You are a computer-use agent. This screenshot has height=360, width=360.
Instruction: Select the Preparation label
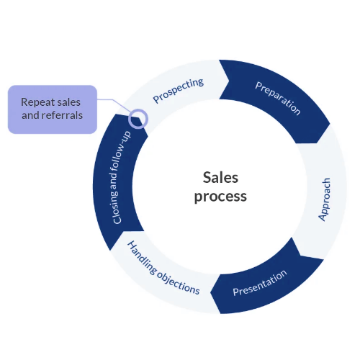point(277,98)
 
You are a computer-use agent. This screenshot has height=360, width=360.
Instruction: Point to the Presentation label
point(260,283)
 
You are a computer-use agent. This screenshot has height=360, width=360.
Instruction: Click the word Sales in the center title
point(220,177)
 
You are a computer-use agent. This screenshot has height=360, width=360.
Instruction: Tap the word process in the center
point(220,196)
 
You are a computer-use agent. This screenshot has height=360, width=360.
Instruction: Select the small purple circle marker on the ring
point(138,118)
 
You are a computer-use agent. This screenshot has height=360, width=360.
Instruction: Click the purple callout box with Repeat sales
point(52,109)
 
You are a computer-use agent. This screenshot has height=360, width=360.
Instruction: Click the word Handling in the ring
point(142,255)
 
